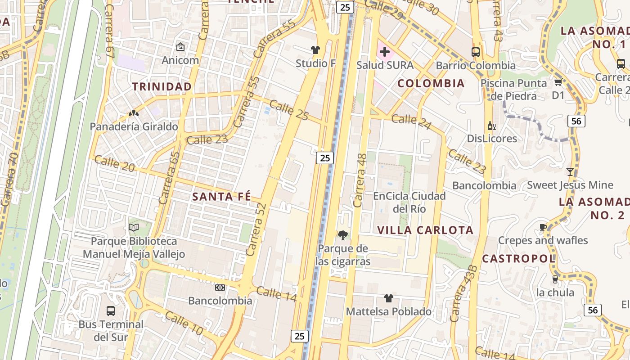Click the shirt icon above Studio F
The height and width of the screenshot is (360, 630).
(315, 49)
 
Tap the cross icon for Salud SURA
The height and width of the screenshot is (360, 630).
(384, 52)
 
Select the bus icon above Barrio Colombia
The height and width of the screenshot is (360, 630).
(476, 52)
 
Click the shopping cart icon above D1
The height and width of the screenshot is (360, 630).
(558, 82)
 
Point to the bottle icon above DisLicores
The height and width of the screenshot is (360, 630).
(491, 126)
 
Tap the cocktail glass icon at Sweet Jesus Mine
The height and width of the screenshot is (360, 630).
(570, 171)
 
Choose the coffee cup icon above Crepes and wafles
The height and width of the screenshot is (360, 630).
(543, 227)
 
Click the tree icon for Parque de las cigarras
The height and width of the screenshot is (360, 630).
(343, 235)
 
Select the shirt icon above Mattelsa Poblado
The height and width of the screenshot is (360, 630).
(389, 298)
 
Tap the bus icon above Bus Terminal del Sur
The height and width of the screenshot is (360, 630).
(110, 310)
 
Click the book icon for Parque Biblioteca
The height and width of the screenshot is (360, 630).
(134, 228)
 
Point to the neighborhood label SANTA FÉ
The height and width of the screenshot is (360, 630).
(221, 197)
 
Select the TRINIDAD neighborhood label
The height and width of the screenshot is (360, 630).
(162, 86)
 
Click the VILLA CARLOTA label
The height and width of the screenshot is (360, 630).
(425, 230)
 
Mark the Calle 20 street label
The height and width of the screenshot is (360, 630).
(114, 163)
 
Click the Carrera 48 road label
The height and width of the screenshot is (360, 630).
(360, 180)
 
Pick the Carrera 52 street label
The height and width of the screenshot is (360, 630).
(257, 229)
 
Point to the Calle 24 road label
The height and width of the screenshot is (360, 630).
(411, 121)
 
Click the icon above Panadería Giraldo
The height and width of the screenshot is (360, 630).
(134, 114)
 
